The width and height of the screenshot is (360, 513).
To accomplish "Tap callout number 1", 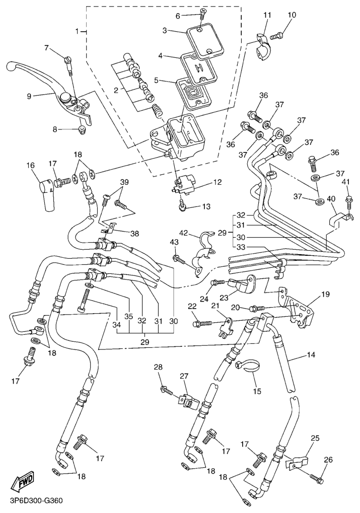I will coord(78,31).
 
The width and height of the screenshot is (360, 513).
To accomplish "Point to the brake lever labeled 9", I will coord(45,81).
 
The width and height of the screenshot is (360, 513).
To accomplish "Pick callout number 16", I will coord(31,165).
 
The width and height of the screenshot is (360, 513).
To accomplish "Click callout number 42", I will coord(184,233).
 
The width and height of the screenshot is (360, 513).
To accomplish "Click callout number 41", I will coord(346,182).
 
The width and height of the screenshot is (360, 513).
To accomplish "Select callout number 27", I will coord(184,376).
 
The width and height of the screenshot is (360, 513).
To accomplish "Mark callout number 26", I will coord(329,459).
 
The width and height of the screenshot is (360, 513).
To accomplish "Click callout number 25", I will coord(315,439).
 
